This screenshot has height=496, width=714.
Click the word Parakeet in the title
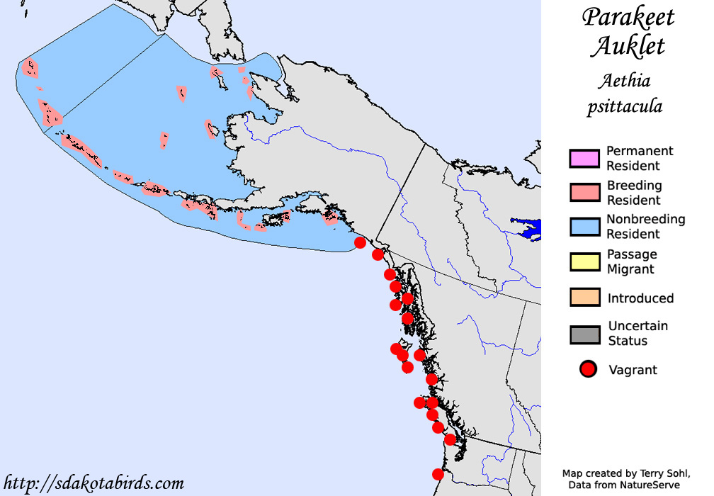click(x=628, y=18)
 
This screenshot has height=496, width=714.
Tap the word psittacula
click(x=625, y=107)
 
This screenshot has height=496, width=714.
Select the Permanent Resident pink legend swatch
click(x=584, y=158)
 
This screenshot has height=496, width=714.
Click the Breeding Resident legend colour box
click(x=584, y=192)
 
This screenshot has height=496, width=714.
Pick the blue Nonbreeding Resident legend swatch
click(x=584, y=226)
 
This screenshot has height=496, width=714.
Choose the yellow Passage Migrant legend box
click(x=584, y=261)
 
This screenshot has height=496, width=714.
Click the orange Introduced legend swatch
click(x=584, y=298)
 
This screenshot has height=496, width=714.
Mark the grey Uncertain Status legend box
click(x=584, y=333)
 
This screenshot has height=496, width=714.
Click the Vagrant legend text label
click(x=633, y=370)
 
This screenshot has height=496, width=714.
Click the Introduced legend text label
click(x=640, y=298)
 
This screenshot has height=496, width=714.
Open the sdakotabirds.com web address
click(x=93, y=484)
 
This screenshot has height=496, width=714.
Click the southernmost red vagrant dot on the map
click(x=438, y=474)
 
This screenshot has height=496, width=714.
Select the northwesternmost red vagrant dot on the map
click(x=360, y=242)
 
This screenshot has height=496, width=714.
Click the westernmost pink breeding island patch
click(x=30, y=67)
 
